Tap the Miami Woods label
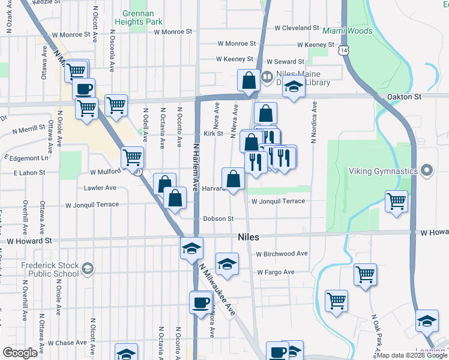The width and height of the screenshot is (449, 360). click(x=343, y=30)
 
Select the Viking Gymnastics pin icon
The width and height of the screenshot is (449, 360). click(x=427, y=170)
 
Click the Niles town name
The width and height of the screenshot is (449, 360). click(x=248, y=237)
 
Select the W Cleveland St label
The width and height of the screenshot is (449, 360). click(x=296, y=28)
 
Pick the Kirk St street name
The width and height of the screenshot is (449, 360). click(x=213, y=134)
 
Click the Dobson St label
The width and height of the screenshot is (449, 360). click(x=218, y=218)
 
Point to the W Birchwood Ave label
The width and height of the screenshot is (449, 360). click(x=282, y=254)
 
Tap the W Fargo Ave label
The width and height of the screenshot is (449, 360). click(x=276, y=272)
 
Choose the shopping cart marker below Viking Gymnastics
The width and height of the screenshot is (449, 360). click(x=396, y=202)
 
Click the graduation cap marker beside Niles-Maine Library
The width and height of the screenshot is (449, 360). click(x=294, y=88)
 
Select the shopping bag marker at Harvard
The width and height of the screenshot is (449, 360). click(x=233, y=179)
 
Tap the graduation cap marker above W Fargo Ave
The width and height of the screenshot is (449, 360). click(x=227, y=265)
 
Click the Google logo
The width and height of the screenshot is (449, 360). click(x=20, y=353)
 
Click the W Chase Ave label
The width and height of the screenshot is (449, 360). click(x=68, y=343)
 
